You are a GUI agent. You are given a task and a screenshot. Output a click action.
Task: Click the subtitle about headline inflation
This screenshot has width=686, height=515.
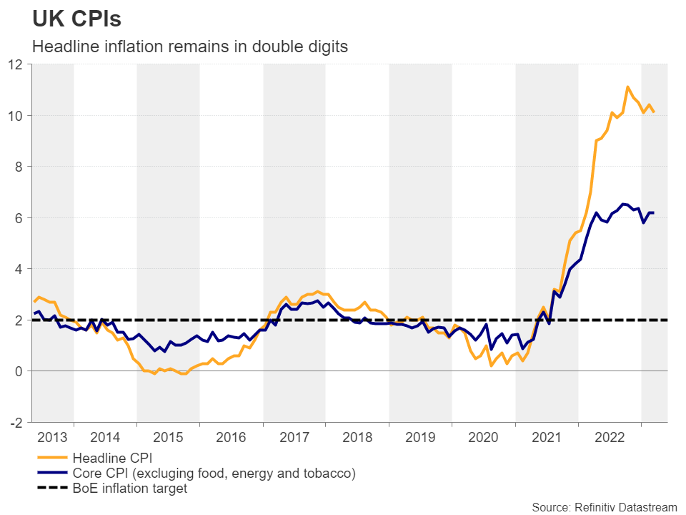[190, 47]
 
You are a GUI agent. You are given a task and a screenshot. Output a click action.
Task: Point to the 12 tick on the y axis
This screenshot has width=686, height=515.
[16, 64]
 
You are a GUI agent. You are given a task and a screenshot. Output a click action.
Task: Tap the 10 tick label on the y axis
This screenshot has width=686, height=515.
[16, 116]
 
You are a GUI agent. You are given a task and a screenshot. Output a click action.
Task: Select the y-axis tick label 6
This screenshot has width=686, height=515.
[20, 218]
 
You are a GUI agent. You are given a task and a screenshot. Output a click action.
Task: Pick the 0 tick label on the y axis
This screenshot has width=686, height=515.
[20, 371]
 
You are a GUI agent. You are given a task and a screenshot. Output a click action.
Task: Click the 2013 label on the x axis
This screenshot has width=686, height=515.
[52, 437]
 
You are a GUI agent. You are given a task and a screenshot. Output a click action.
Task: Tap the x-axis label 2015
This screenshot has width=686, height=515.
[168, 437]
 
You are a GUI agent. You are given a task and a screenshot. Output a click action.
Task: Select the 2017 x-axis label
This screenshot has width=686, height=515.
[294, 437]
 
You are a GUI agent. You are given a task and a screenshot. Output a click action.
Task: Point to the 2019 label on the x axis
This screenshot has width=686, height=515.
[420, 437]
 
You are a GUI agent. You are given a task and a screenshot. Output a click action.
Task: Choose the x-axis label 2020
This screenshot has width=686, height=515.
[483, 437]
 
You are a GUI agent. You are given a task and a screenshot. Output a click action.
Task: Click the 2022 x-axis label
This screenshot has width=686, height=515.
[609, 437]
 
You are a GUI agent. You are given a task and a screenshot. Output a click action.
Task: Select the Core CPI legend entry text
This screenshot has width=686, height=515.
[214, 474]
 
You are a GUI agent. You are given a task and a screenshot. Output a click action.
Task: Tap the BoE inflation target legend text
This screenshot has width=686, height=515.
[129, 489]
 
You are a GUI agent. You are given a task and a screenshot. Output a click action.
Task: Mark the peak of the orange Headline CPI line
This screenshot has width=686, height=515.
[627, 87]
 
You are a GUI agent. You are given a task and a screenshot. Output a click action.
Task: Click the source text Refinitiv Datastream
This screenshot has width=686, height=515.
[604, 507]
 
